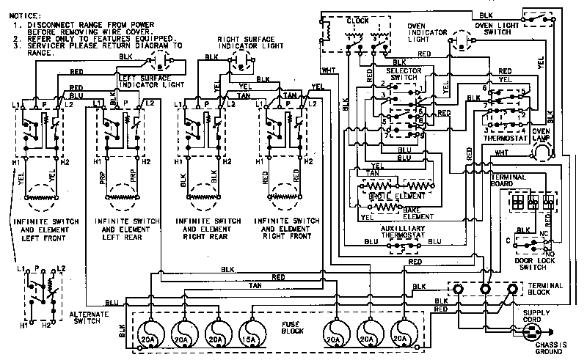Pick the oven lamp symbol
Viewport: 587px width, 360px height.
541,151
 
